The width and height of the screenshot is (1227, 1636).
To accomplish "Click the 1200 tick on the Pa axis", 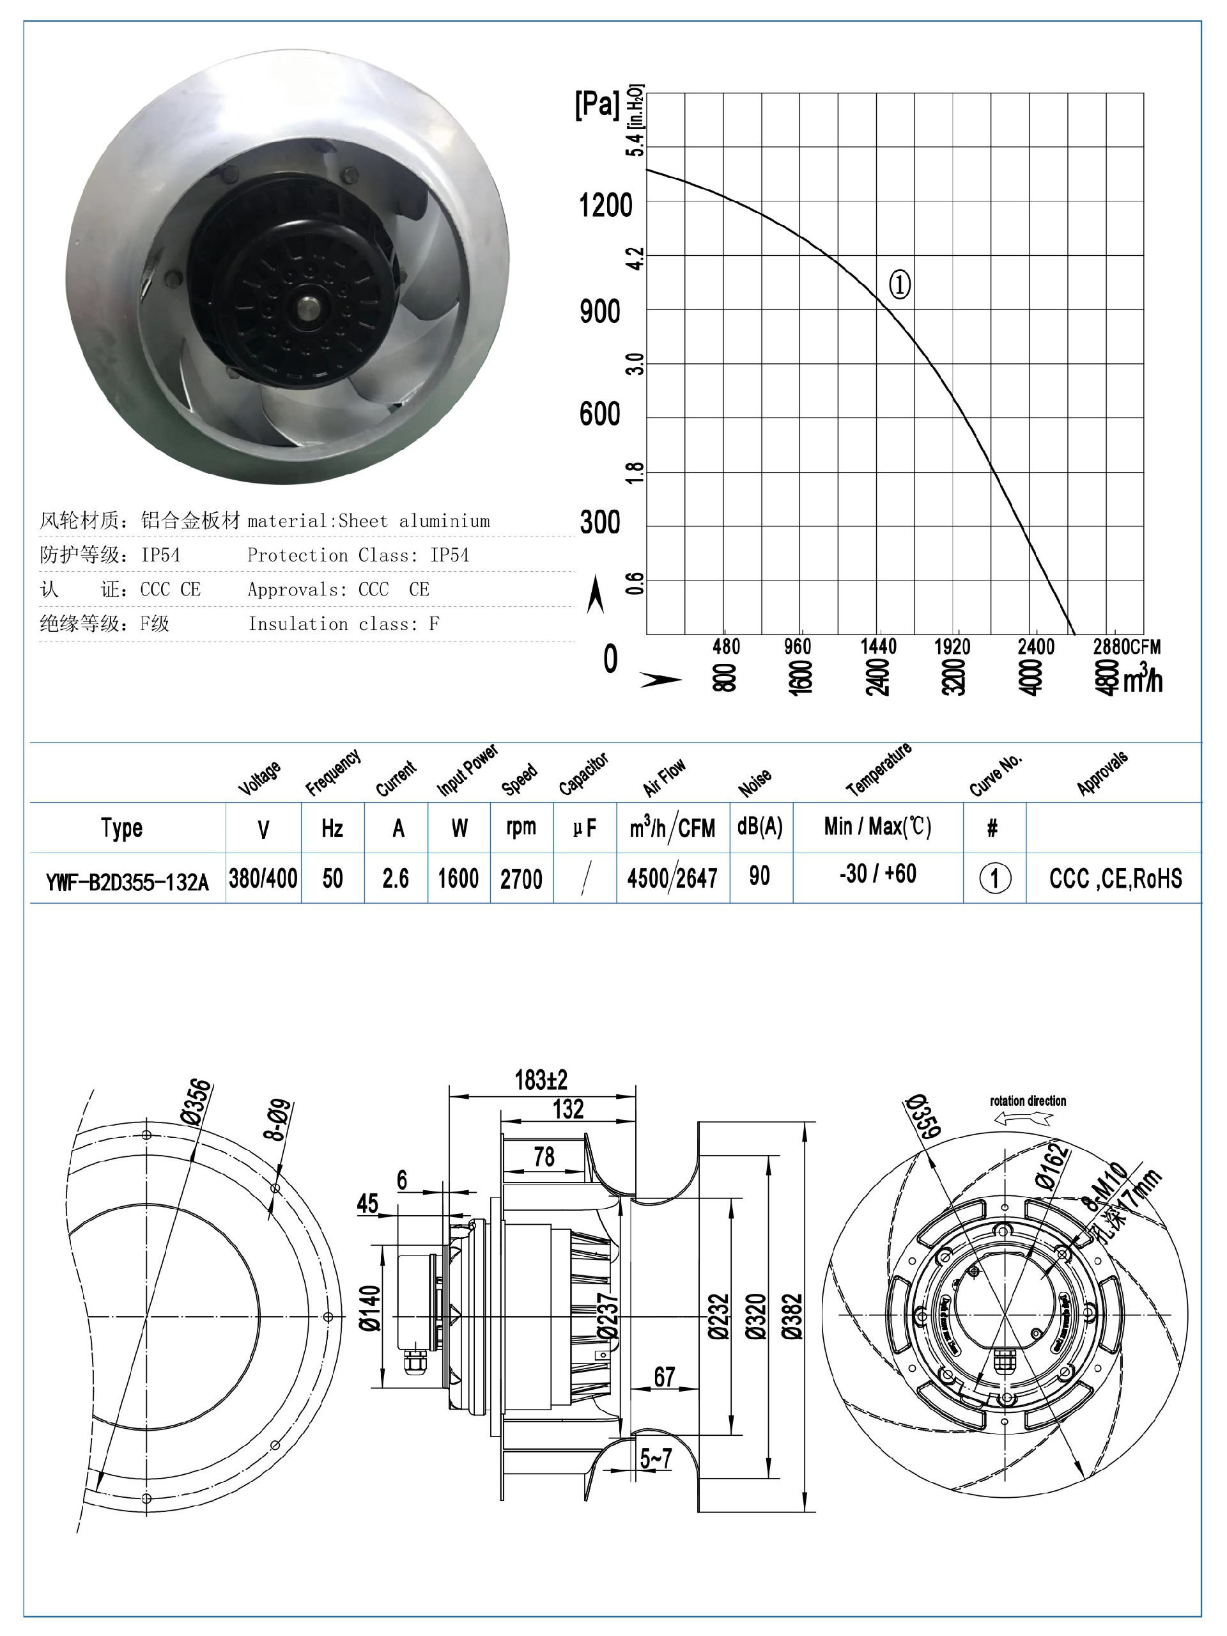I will (605, 205).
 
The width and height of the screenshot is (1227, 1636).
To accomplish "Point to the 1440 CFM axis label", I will (877, 647).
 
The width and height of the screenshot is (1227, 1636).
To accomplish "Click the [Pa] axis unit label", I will (596, 104).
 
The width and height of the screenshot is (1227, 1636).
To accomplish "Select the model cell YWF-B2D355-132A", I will (127, 881).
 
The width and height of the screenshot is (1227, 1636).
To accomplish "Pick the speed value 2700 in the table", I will (521, 879).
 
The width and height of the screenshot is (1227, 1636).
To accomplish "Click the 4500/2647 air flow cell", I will (672, 879).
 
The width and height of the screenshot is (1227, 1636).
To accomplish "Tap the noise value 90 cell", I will (760, 876).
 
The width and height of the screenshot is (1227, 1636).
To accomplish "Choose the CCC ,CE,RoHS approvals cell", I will (1115, 879).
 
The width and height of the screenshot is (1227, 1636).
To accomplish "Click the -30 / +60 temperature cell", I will (877, 874).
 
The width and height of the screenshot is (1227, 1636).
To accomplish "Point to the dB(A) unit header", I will (760, 827).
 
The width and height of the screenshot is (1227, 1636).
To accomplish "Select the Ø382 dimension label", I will (792, 1316).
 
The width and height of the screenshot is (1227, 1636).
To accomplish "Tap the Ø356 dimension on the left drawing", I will (197, 1101).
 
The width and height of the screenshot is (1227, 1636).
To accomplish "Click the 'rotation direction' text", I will (1028, 1101).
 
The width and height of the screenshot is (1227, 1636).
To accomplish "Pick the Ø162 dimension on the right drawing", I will (1053, 1166).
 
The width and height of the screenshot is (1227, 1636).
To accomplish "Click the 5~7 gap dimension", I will (656, 1458).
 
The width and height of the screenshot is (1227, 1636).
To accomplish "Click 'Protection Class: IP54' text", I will (358, 555).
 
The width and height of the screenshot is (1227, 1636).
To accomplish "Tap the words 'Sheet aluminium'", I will (414, 521).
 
